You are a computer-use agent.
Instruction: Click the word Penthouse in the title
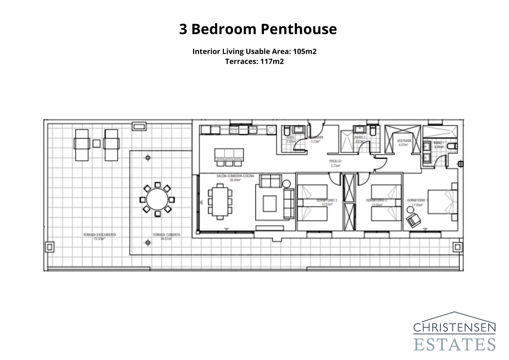click(x=298, y=29)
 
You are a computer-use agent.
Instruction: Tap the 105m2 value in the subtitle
click(x=304, y=52)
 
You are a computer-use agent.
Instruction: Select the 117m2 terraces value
click(x=272, y=61)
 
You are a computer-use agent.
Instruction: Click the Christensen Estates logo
click(x=454, y=332)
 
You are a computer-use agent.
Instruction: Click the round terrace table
click(x=157, y=200)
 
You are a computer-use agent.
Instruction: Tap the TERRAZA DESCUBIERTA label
click(x=100, y=235)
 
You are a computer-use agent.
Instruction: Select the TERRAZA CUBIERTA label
click(x=166, y=235)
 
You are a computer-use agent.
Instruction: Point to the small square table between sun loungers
click(x=96, y=144)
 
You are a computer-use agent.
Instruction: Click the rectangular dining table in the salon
click(x=220, y=202)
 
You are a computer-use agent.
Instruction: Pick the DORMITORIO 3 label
click(x=326, y=201)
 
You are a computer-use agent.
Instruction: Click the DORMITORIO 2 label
click(x=376, y=201)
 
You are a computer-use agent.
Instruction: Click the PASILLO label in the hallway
click(x=335, y=161)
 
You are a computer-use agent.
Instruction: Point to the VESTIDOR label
click(x=404, y=140)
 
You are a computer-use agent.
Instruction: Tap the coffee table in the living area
click(x=269, y=203)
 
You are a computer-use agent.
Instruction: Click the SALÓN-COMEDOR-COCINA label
click(x=235, y=176)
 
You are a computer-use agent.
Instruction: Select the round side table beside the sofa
click(x=286, y=184)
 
